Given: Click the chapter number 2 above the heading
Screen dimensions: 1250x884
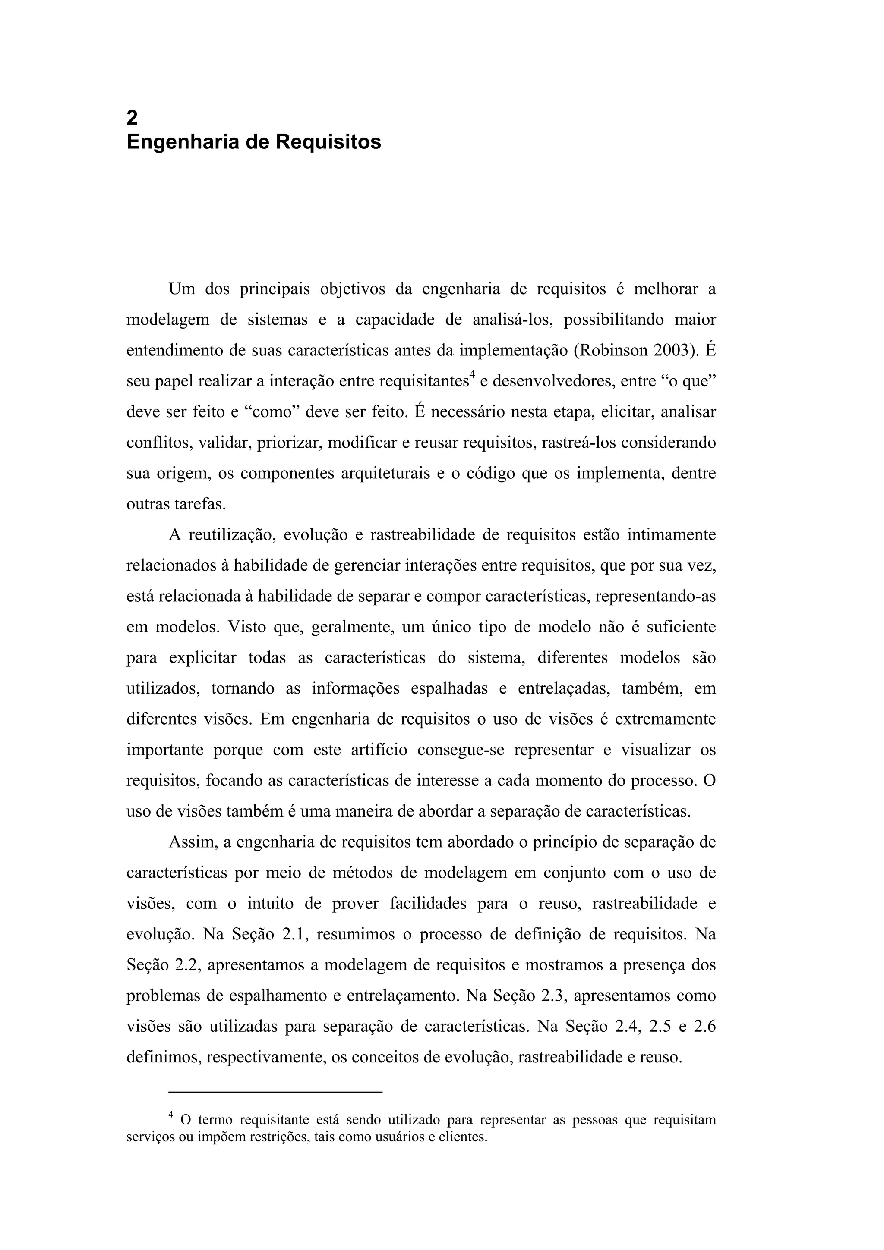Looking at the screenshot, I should pos(132,118).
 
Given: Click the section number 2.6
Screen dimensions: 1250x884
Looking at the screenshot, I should pos(703,1027).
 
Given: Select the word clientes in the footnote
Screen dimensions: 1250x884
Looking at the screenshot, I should pos(462,1137).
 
